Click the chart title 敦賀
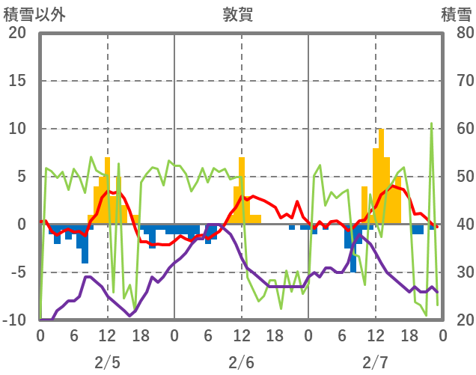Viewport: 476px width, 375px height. [237, 13]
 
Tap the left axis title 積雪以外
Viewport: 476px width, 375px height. [34, 13]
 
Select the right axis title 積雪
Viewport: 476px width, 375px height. [456, 13]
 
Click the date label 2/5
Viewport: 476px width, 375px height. [107, 362]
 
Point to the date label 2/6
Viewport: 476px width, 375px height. [241, 362]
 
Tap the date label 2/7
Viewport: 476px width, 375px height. [375, 362]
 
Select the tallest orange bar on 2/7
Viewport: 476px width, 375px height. [381, 176]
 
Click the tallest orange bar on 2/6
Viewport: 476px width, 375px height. [242, 190]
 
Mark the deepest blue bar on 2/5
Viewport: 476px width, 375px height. [85, 243]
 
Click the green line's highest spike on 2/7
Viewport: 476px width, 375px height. [431, 124]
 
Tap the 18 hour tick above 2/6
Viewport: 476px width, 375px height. [275, 335]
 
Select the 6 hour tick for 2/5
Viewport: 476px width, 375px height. [74, 335]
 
